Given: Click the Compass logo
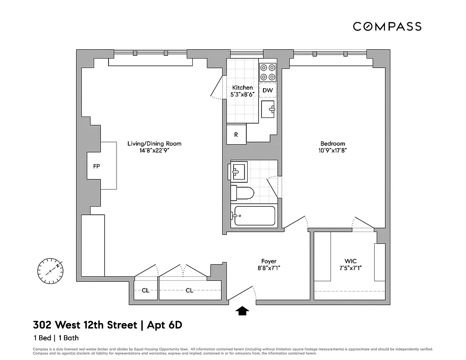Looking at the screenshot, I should (387, 27).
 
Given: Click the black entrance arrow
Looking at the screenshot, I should (243, 310).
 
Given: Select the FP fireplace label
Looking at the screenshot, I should (96, 166).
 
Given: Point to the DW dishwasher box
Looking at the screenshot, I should (268, 90).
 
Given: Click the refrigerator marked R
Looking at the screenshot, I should (236, 135).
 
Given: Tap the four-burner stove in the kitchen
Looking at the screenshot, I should (268, 71).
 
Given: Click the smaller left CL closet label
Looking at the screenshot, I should (145, 291).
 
